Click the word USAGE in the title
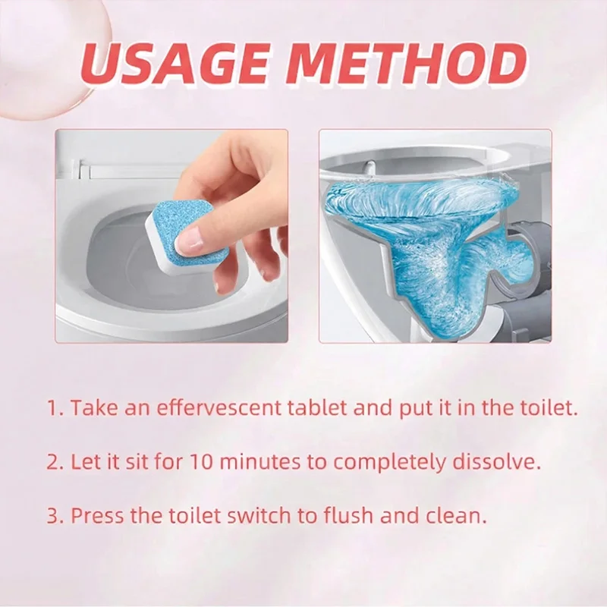(x=175, y=65)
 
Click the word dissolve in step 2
(x=496, y=462)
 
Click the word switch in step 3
(x=258, y=516)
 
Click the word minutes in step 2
(x=261, y=462)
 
